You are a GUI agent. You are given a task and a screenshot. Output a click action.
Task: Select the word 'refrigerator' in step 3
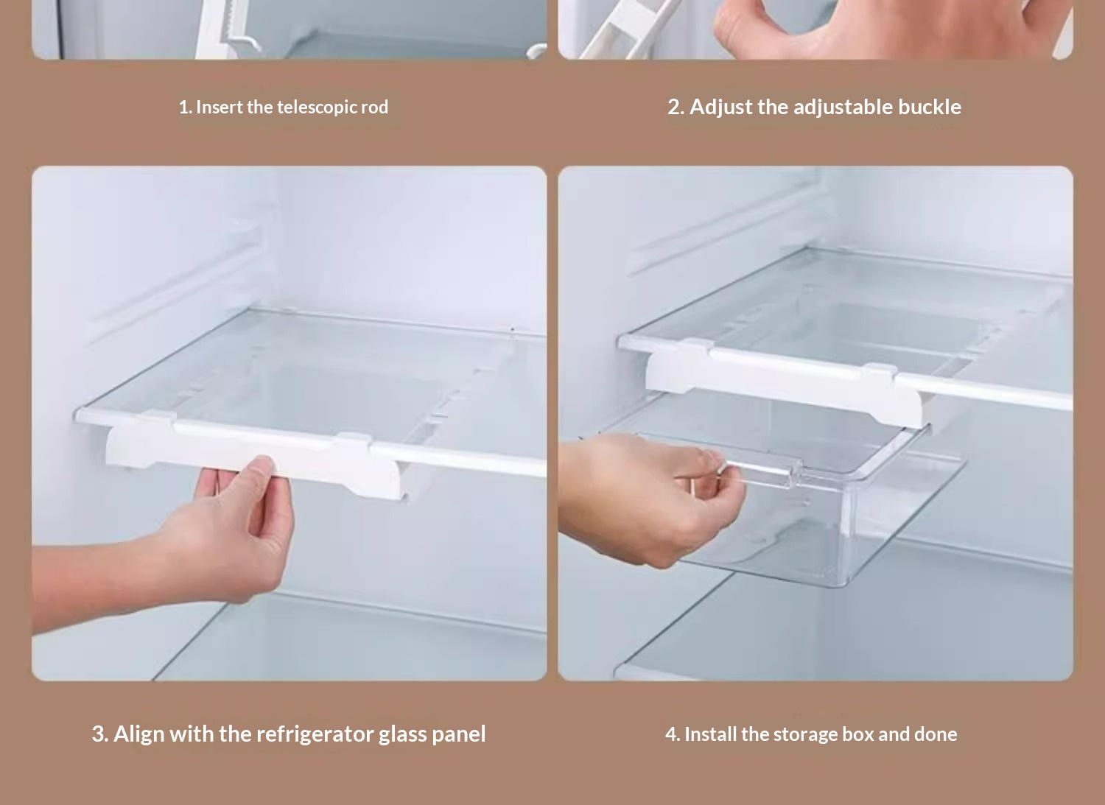315,734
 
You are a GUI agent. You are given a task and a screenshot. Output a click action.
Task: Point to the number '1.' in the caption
185,107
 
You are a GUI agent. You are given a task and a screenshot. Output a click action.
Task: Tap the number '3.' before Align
100,734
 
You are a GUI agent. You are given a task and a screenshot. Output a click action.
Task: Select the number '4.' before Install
673,734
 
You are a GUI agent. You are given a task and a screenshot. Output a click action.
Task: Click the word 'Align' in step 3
140,734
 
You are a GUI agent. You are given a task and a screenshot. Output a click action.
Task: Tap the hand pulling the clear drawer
651,498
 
